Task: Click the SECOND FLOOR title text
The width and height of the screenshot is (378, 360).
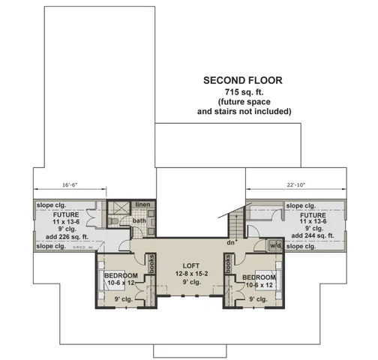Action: click(x=243, y=79)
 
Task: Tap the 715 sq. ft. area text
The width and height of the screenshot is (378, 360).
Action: click(x=243, y=91)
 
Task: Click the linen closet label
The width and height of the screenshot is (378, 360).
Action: click(x=142, y=205)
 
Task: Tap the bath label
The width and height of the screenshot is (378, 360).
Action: click(x=139, y=220)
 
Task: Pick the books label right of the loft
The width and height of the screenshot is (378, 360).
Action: click(x=227, y=266)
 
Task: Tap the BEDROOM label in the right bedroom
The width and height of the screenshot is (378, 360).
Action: click(x=259, y=277)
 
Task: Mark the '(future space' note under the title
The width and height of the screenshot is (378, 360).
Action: click(x=243, y=101)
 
